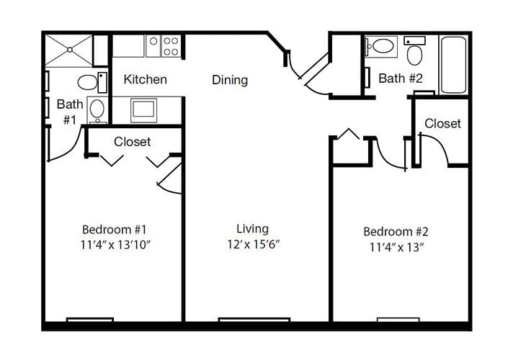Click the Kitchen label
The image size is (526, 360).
pyautogui.click(x=145, y=79)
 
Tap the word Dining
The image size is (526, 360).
pyautogui.click(x=230, y=80)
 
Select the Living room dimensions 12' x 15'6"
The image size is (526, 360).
pyautogui.click(x=253, y=244)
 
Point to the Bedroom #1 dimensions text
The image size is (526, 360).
pyautogui.click(x=115, y=245)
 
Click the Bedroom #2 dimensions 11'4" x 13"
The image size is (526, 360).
pyautogui.click(x=396, y=248)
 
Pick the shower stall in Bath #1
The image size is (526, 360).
pyautogui.click(x=69, y=50)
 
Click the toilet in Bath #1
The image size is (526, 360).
pyautogui.click(x=92, y=82)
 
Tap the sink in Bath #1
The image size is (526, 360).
pyautogui.click(x=97, y=110)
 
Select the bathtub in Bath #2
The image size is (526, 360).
pyautogui.click(x=453, y=65)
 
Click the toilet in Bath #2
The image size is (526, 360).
pyautogui.click(x=414, y=51)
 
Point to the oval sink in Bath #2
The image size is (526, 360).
pyautogui.click(x=382, y=46)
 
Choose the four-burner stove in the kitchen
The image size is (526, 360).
pyautogui.click(x=171, y=46)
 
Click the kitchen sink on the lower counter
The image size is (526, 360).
pyautogui.click(x=143, y=110)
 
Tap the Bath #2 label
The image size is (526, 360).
pyautogui.click(x=401, y=78)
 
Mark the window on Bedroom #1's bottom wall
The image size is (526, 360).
pyautogui.click(x=90, y=320)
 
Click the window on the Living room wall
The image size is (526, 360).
pyautogui.click(x=254, y=320)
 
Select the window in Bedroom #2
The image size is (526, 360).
pyautogui.click(x=398, y=320)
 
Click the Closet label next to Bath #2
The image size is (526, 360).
pyautogui.click(x=442, y=123)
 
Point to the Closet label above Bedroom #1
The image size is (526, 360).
pyautogui.click(x=132, y=142)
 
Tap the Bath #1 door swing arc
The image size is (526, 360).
pyautogui.click(x=70, y=150)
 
